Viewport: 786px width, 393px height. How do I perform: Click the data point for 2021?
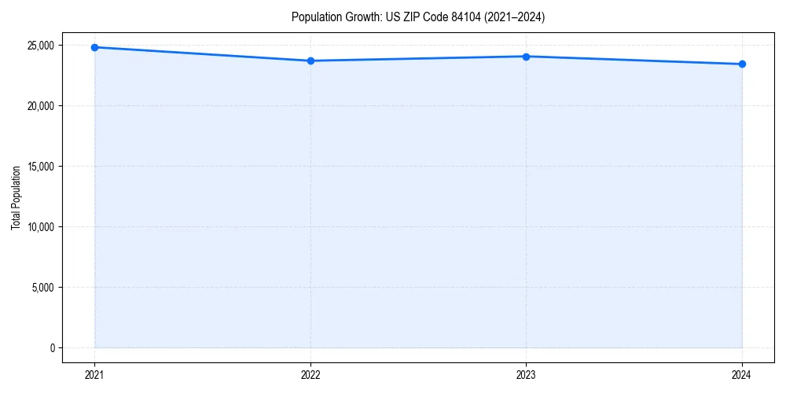click(94, 47)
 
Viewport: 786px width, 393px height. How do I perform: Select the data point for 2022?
click(310, 61)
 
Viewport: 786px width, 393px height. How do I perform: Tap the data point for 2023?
click(526, 57)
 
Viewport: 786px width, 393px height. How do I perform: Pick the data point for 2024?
click(742, 64)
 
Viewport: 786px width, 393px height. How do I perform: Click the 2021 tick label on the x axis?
click(94, 375)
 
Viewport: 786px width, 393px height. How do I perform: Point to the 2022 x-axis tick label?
click(310, 375)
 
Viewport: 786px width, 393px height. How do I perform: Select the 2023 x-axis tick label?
click(526, 375)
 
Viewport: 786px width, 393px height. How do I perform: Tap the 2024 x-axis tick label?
click(742, 375)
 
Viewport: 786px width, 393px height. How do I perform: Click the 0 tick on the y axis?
click(53, 347)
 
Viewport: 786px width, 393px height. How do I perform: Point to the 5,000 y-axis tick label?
click(43, 287)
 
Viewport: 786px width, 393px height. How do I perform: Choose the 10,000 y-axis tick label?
click(41, 227)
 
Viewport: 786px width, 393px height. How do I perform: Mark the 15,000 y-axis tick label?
click(41, 167)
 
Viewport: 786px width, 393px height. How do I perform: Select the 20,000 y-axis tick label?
click(41, 106)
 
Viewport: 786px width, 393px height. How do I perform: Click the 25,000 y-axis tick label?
click(41, 46)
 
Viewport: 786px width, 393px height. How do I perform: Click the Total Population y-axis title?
click(16, 197)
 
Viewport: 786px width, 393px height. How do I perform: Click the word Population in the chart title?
click(314, 17)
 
